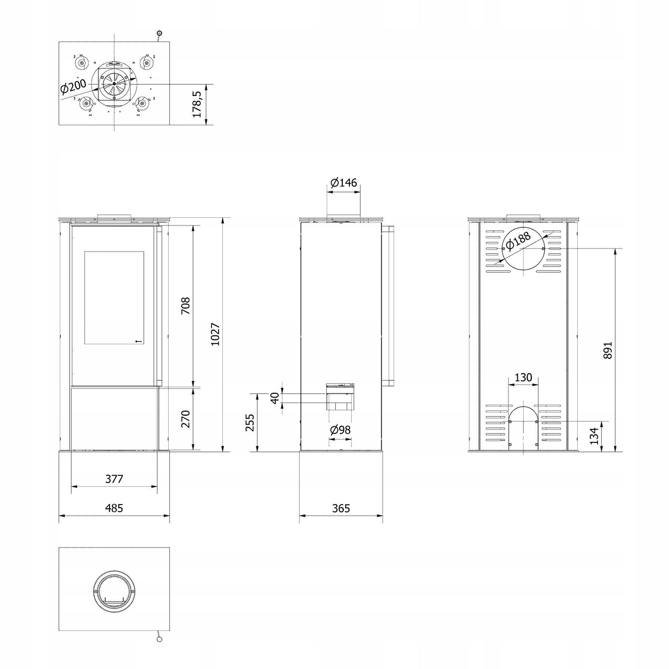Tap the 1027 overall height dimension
(x=215, y=334)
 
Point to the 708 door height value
(x=186, y=306)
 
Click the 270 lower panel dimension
(x=186, y=419)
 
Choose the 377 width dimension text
(x=114, y=479)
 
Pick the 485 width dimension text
(x=114, y=508)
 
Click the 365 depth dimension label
(x=341, y=508)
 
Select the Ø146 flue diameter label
(x=344, y=183)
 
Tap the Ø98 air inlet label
(x=341, y=430)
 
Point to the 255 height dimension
(x=250, y=422)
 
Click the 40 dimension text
(x=275, y=398)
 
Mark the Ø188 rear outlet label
(x=518, y=241)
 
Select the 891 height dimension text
(x=608, y=351)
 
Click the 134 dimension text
(x=594, y=436)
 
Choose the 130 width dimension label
(x=523, y=377)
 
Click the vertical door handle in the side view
(x=388, y=306)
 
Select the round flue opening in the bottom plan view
(x=114, y=591)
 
